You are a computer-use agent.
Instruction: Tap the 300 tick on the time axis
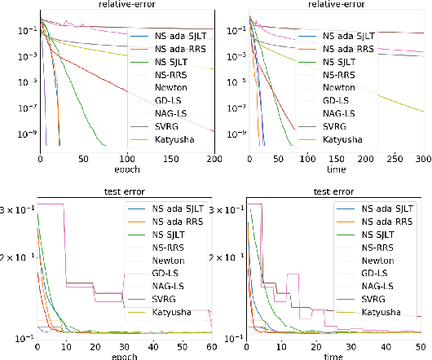point(425,158)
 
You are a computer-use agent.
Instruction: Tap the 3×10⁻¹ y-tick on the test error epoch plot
point(16,210)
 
